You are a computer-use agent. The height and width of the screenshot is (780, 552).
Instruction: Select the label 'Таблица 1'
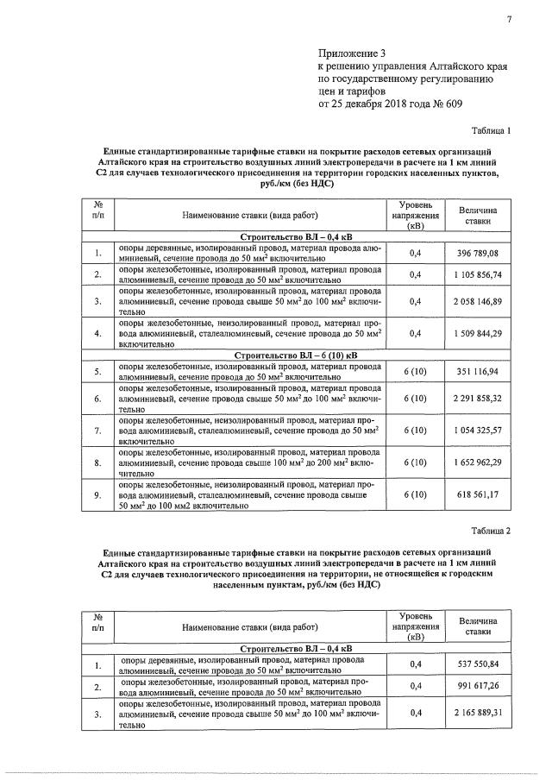pyautogui.click(x=491, y=132)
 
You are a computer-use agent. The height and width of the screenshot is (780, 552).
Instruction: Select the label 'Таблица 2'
pyautogui.click(x=491, y=530)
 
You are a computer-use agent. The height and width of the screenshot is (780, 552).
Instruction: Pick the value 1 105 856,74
pyautogui.click(x=480, y=274)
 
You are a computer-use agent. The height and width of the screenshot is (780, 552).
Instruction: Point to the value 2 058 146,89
pyautogui.click(x=480, y=301)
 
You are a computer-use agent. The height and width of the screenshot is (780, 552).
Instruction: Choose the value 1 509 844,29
pyautogui.click(x=480, y=333)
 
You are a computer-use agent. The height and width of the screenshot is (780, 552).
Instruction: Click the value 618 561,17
pyautogui.click(x=480, y=494)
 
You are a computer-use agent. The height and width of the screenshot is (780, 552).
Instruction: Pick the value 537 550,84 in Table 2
pyautogui.click(x=480, y=664)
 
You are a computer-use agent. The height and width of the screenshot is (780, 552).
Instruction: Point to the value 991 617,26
pyautogui.click(x=480, y=686)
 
